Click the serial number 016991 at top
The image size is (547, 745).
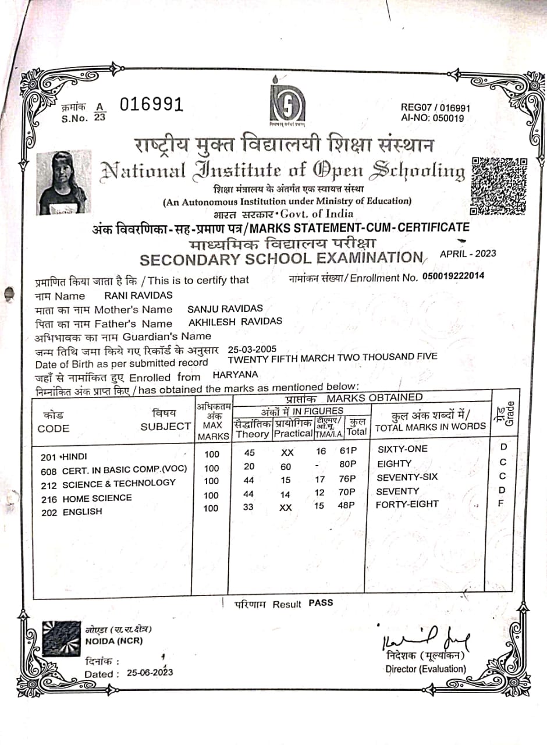tap(152, 105)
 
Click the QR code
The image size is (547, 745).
tap(498, 186)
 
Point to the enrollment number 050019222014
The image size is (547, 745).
tap(453, 276)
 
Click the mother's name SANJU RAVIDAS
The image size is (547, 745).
tap(225, 308)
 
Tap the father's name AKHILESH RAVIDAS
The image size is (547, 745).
tap(235, 321)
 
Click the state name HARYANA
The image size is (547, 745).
tap(235, 375)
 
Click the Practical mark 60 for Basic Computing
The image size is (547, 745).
tap(286, 465)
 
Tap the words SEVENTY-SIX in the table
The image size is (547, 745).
tap(407, 477)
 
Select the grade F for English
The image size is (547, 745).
tap(500, 502)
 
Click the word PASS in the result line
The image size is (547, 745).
tap(321, 603)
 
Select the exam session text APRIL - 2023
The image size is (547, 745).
tap(468, 253)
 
